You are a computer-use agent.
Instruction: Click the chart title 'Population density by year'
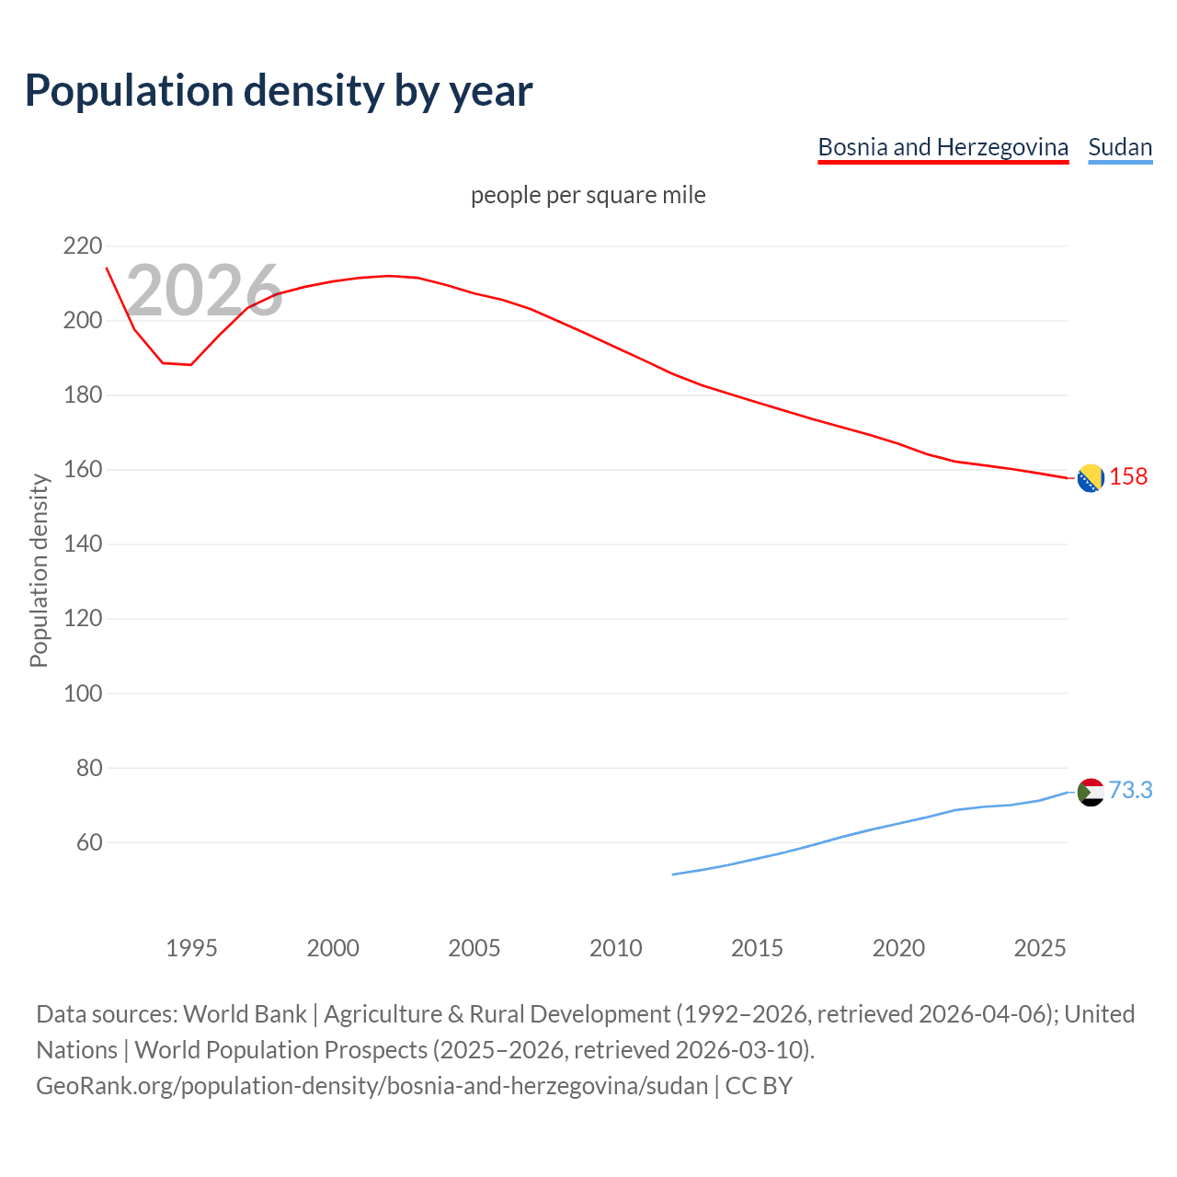279,90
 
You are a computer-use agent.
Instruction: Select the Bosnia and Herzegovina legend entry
943,147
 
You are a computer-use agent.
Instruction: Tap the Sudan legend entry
1120,147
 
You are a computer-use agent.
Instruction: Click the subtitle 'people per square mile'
588,195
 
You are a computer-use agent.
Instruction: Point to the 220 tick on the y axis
83,246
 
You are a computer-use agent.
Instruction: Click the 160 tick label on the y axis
83,470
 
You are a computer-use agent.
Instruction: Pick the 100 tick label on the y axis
83,693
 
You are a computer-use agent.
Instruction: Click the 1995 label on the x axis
191,948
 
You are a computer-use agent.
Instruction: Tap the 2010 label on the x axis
615,948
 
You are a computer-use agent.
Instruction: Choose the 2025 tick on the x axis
1039,948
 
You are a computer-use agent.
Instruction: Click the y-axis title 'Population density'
39,570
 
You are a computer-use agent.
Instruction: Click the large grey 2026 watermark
204,291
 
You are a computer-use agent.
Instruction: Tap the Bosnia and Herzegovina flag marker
1090,478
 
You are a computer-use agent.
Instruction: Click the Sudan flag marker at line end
1090,792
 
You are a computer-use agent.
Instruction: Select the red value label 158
1128,476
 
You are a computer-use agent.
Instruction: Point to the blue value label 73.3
1130,790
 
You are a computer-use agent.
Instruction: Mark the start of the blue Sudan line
673,874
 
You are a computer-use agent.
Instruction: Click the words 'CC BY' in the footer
759,1086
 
